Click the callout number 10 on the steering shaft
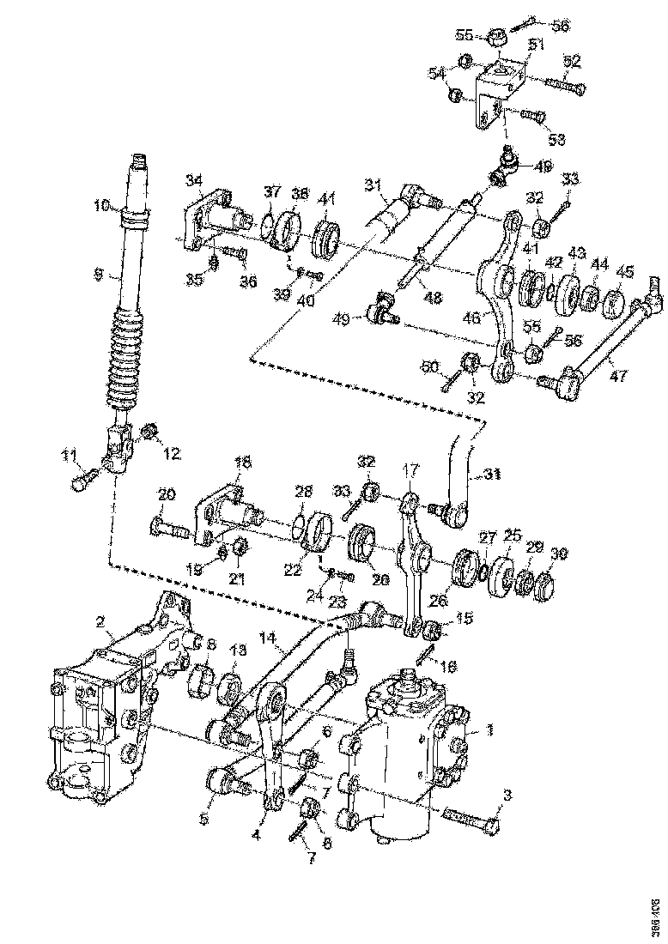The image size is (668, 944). pyautogui.click(x=102, y=206)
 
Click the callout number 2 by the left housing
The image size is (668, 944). pyautogui.click(x=100, y=620)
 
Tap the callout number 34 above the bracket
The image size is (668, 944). pyautogui.click(x=195, y=179)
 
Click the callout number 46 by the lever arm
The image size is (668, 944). pyautogui.click(x=471, y=318)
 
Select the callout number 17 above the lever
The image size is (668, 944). pyautogui.click(x=411, y=471)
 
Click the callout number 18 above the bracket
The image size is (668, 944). pyautogui.click(x=243, y=463)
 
